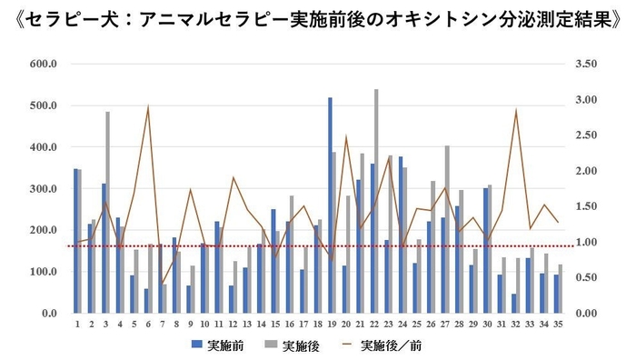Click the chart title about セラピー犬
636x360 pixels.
318,19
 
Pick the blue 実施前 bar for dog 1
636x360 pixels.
76,240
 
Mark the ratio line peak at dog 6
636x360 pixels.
148,107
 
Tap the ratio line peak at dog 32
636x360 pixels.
516,111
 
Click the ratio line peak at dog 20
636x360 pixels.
346,136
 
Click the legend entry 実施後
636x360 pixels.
292,345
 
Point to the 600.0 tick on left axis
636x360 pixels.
43,64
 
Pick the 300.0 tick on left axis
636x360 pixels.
43,188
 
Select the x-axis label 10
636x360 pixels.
204,323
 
